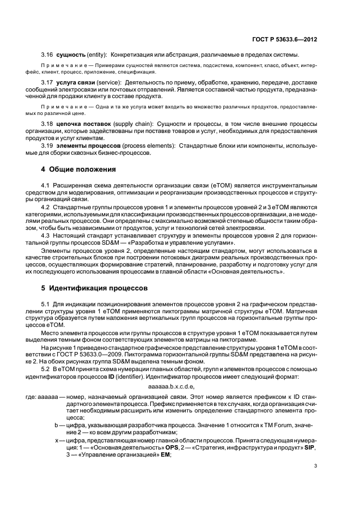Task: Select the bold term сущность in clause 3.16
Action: pyautogui.click(x=72, y=55)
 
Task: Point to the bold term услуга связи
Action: pyautogui.click(x=76, y=82)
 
